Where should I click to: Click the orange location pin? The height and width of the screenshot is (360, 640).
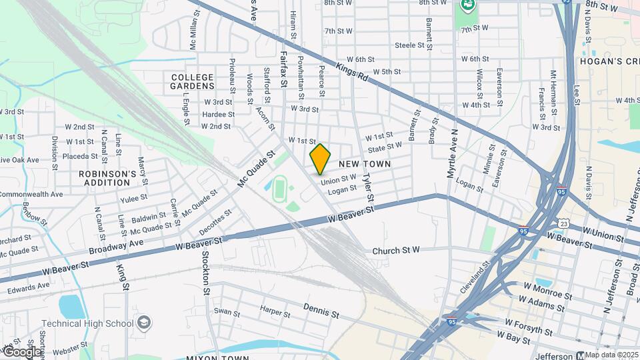[x=321, y=159]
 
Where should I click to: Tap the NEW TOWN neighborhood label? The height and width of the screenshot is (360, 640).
[x=364, y=163]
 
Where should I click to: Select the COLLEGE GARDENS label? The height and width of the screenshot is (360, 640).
[x=192, y=81]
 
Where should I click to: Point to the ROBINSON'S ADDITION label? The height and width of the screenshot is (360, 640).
[x=107, y=177]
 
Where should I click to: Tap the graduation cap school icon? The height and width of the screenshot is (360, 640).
[x=143, y=324]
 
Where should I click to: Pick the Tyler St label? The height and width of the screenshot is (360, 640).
[x=367, y=187]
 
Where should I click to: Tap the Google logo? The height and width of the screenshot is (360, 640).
[x=21, y=351]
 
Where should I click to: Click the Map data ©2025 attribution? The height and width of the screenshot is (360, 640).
[x=611, y=355]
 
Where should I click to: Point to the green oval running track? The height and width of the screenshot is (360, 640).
[x=279, y=189]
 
